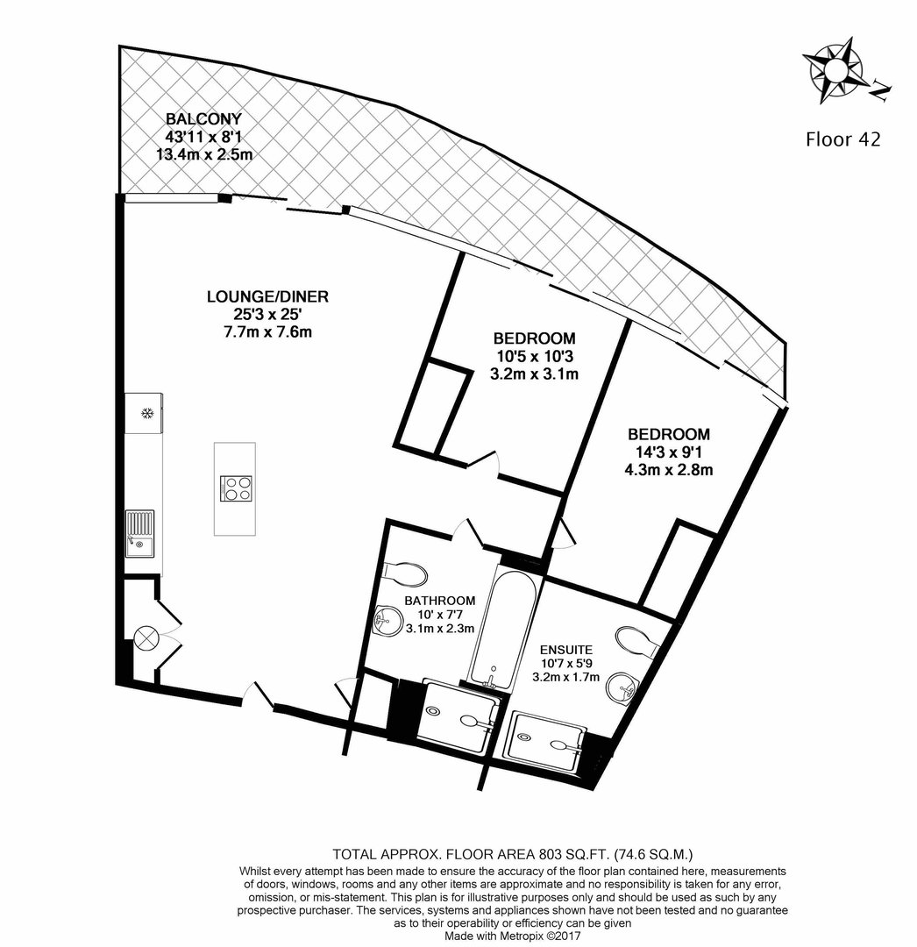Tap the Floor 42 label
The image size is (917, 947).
click(843, 139)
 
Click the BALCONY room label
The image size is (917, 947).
click(204, 119)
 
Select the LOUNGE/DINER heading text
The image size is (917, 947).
click(267, 296)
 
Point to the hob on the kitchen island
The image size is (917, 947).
click(237, 488)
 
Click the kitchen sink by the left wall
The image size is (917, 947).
click(139, 533)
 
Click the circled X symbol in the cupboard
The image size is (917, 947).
click(146, 637)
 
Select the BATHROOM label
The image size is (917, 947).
click(440, 601)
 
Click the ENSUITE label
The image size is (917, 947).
click(565, 650)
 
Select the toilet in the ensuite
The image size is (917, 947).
click(637, 642)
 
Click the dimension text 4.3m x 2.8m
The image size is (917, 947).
click(669, 469)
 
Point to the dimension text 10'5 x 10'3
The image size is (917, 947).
click(534, 356)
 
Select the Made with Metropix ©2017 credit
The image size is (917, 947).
click(513, 936)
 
